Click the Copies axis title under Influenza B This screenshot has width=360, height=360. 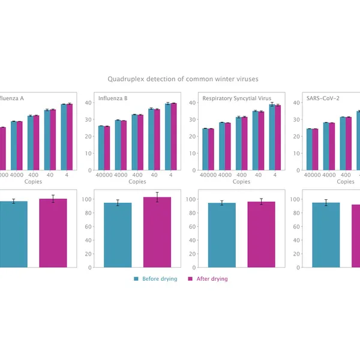coord(137,181)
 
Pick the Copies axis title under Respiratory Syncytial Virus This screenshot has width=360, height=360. coord(241,181)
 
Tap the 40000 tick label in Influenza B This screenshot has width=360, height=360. coord(102,175)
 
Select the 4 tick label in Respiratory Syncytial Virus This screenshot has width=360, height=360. coord(275,175)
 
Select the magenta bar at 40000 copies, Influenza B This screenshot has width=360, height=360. coord(107,148)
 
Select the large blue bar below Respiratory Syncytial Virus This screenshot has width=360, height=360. coord(222,235)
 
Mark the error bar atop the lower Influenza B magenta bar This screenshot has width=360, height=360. coord(157,197)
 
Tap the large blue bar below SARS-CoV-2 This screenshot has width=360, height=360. coord(326,235)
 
